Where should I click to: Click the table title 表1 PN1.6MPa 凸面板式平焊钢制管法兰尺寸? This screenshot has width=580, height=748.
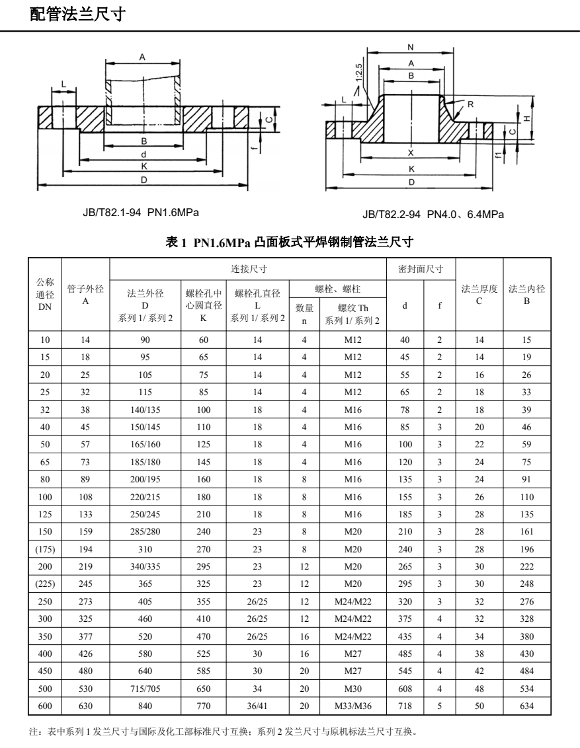pyautogui.click(x=290, y=243)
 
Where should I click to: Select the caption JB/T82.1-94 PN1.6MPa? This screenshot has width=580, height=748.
pyautogui.click(x=140, y=211)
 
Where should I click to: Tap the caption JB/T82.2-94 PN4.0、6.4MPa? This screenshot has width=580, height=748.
pyautogui.click(x=433, y=214)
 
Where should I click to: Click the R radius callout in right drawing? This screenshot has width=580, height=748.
pyautogui.click(x=470, y=104)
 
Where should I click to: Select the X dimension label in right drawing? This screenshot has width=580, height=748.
pyautogui.click(x=411, y=152)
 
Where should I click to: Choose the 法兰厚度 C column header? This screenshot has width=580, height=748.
pyautogui.click(x=479, y=294)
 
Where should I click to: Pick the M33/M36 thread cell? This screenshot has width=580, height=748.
pyautogui.click(x=353, y=706)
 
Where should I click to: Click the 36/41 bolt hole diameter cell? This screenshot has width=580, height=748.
pyautogui.click(x=258, y=706)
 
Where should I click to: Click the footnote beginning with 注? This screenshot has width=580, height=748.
pyautogui.click(x=223, y=731)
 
